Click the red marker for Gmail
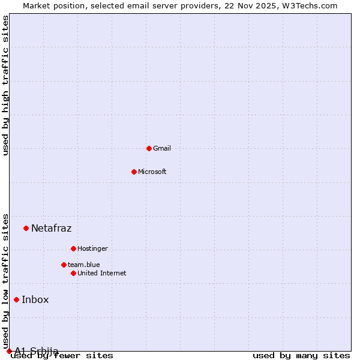[149, 148]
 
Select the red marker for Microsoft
[134, 172]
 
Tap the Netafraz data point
[26, 228]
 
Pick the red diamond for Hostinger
[73, 248]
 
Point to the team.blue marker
[64, 265]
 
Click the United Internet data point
[73, 273]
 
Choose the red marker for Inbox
[16, 300]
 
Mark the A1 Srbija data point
[9, 351]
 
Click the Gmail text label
[162, 148]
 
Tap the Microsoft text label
[152, 172]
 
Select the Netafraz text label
[52, 228]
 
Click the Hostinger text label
[92, 248]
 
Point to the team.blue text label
[84, 265]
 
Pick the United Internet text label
[102, 273]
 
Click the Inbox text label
[35, 300]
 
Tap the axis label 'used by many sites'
[301, 356]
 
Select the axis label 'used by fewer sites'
[62, 356]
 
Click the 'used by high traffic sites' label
[6, 85]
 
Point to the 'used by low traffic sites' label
[6, 282]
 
